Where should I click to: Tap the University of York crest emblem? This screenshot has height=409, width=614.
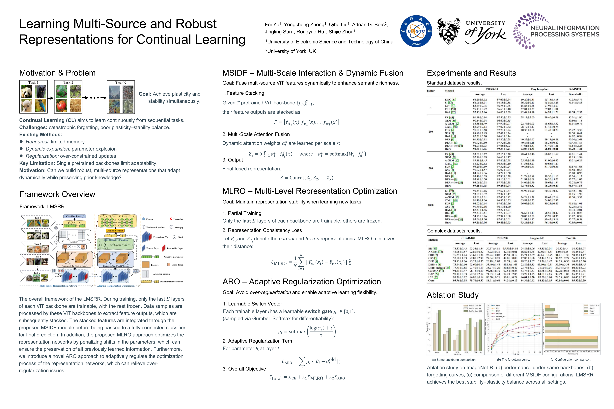click(449, 31)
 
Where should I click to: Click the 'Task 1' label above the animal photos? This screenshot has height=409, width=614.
click(33, 82)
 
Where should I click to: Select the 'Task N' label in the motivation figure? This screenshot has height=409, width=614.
click(121, 83)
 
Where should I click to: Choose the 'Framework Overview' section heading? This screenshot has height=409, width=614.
click(57, 194)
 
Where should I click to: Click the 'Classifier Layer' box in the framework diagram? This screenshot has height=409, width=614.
click(75, 216)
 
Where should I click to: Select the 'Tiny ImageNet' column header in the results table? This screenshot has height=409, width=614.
click(539, 89)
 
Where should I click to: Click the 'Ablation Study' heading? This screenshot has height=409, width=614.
click(453, 295)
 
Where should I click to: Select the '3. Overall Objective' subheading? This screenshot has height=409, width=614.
click(244, 369)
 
